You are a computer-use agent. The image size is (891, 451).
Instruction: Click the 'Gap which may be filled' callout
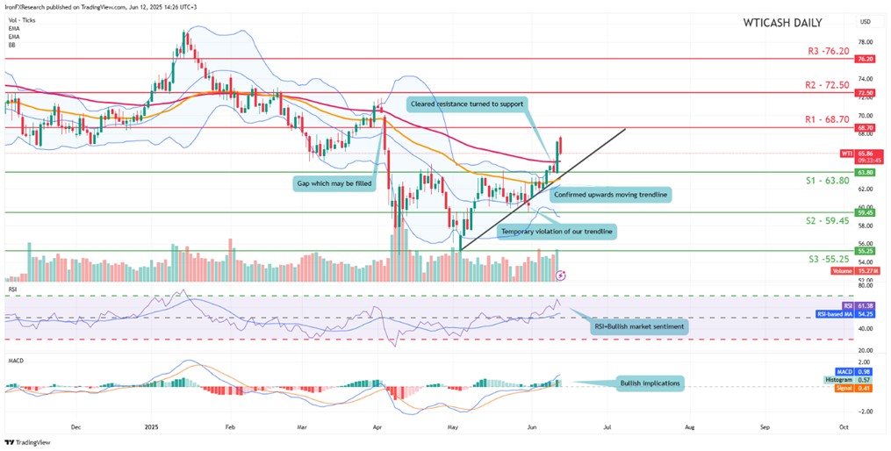[x=336, y=184]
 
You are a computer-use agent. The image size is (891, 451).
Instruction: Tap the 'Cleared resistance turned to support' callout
[x=467, y=104]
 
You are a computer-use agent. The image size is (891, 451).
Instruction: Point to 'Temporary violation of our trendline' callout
[x=557, y=232]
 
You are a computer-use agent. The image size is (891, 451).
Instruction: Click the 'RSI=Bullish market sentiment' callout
[x=639, y=326]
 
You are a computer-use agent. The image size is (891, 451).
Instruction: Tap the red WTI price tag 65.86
[x=865, y=154]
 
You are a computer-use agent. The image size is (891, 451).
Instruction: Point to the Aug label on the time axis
[x=689, y=426]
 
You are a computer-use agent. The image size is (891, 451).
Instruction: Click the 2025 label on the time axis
[x=153, y=426]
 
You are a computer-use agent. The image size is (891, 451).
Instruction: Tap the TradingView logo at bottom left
[x=28, y=442]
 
